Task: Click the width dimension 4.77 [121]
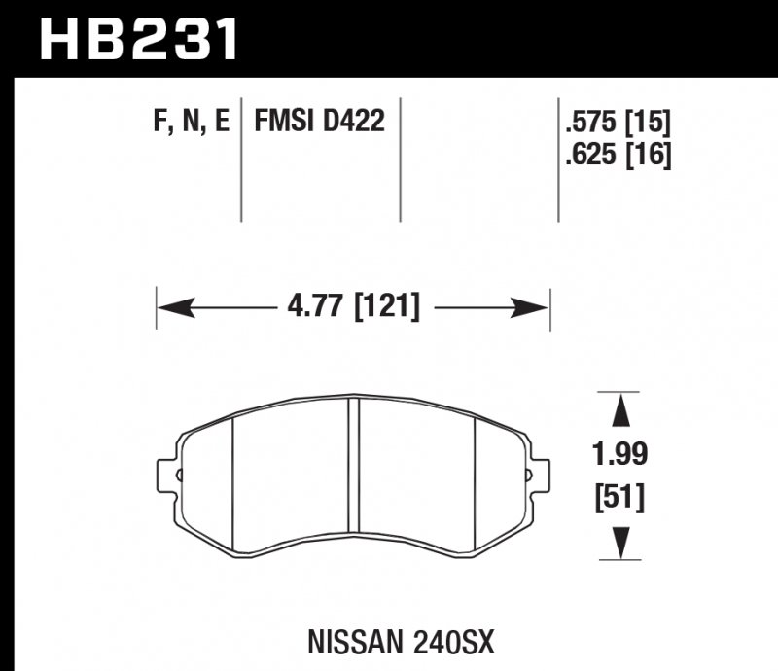tap(354, 308)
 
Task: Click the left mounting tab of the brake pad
tap(167, 476)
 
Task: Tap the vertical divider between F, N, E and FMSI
tap(241, 160)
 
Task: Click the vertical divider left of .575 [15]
tap(558, 160)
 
